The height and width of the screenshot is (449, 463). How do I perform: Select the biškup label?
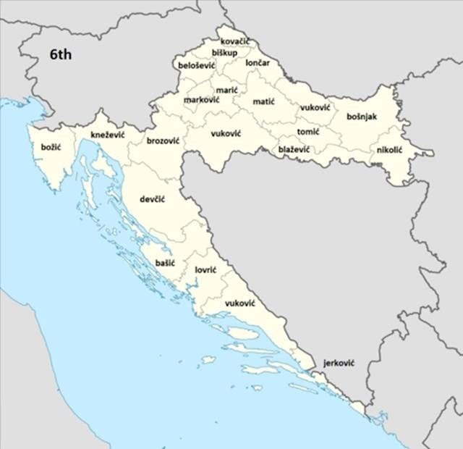pyautogui.click(x=224, y=53)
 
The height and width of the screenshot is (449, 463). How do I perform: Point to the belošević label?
pyautogui.click(x=197, y=65)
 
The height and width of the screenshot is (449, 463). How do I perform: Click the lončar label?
pyautogui.click(x=258, y=63)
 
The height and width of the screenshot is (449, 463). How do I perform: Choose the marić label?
pyautogui.click(x=226, y=90)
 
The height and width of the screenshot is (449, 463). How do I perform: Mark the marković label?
pyautogui.click(x=202, y=99)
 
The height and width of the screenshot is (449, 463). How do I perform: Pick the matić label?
pyautogui.click(x=263, y=101)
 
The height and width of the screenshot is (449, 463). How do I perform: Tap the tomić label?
pyautogui.click(x=308, y=132)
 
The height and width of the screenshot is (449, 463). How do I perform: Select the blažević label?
pyautogui.click(x=294, y=149)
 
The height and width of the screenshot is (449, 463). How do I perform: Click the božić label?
pyautogui.click(x=51, y=147)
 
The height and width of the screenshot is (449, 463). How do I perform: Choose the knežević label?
pyautogui.click(x=108, y=135)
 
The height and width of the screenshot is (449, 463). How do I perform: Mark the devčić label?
pyautogui.click(x=152, y=198)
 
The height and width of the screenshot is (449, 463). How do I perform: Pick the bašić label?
pyautogui.click(x=165, y=264)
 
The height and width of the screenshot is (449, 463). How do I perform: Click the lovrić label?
pyautogui.click(x=206, y=269)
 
